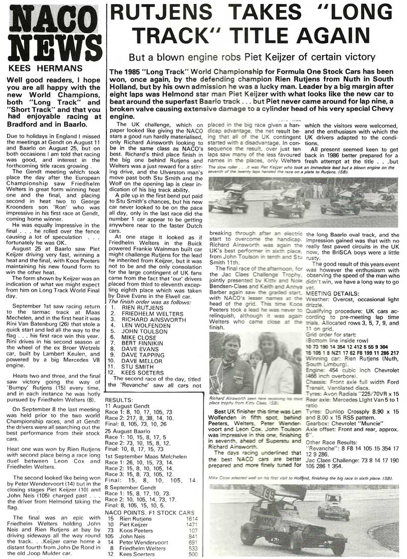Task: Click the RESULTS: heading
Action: (123, 394)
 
